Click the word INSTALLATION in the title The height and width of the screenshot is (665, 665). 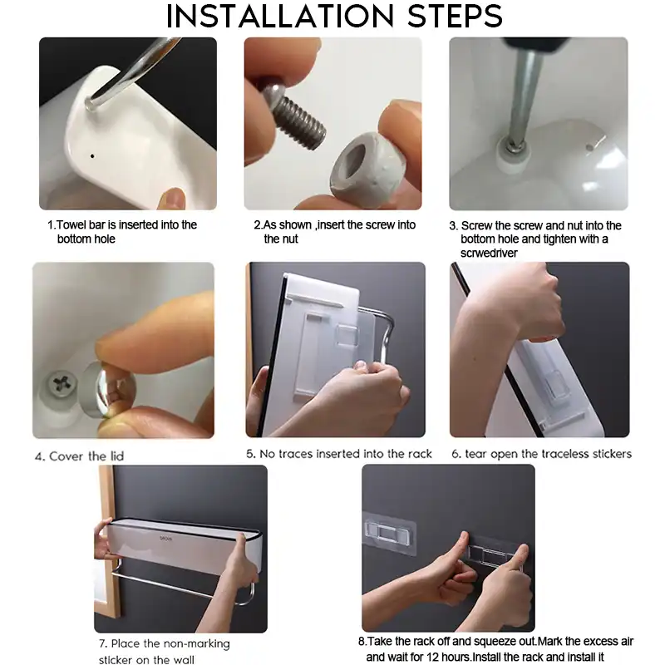(x=280, y=17)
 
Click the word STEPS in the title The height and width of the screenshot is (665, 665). (x=455, y=17)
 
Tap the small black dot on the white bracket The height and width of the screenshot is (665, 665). (x=92, y=156)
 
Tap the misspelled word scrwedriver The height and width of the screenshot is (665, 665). (x=489, y=254)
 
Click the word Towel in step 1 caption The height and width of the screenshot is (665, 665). (x=71, y=224)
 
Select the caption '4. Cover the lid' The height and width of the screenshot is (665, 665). (x=79, y=456)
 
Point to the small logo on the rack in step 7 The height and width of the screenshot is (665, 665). (x=166, y=539)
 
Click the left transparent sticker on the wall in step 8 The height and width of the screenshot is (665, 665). (x=388, y=533)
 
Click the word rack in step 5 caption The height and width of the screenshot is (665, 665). (x=421, y=454)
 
